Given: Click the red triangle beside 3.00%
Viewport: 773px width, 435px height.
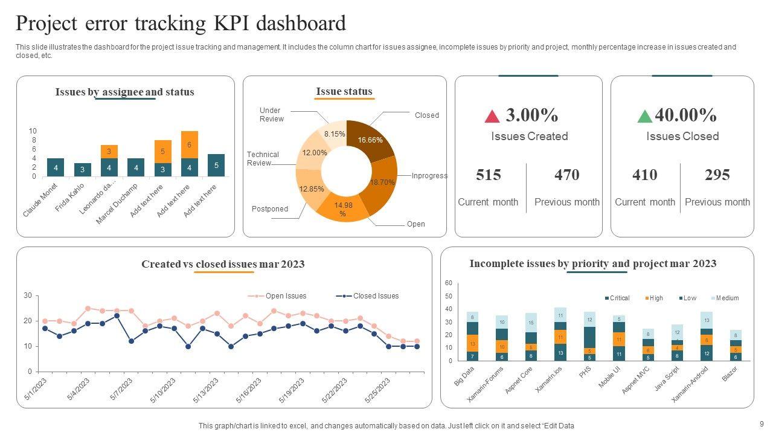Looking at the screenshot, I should pos(492,116).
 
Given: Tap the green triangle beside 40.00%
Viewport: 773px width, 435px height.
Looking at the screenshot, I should pos(645,116).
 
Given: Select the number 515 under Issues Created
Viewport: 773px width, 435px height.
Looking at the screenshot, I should pos(489,175).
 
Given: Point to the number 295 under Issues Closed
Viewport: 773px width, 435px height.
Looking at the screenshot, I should pos(717,175).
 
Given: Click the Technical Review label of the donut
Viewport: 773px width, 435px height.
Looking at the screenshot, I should pos(263,159).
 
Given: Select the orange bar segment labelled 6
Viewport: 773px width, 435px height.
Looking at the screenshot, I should pos(189,144).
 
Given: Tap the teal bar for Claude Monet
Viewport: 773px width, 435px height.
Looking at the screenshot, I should pos(56,167).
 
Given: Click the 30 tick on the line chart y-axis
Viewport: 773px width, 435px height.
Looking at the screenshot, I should pos(28,295).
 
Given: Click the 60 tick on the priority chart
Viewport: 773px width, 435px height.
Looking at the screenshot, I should pos(449,283).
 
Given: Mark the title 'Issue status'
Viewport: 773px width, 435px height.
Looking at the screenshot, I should pos(344,92).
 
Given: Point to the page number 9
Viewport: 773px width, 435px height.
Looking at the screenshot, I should pos(761,424).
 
